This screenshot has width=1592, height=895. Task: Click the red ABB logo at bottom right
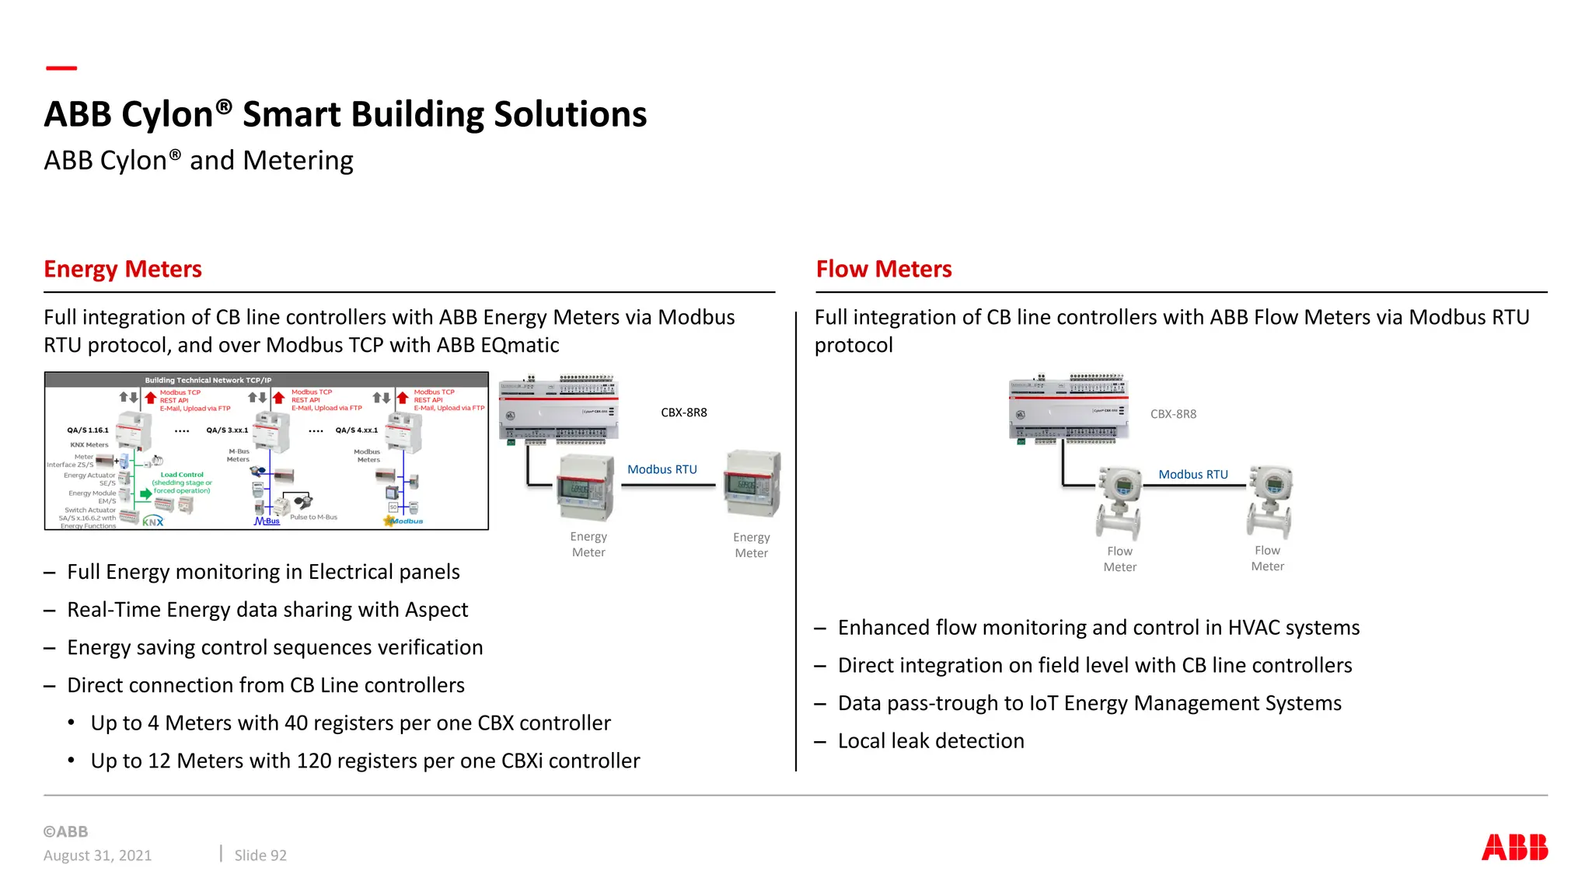click(1514, 847)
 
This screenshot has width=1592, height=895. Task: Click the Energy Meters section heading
click(123, 269)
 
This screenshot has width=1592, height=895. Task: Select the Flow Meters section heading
click(883, 269)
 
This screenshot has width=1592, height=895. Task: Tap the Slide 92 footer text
click(260, 855)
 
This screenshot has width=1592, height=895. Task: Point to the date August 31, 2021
click(98, 855)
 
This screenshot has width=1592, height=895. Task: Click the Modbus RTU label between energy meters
click(662, 469)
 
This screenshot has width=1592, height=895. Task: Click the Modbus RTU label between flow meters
click(1193, 474)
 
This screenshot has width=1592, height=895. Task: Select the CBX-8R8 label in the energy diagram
click(684, 413)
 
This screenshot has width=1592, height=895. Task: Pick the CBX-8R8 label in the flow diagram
click(1173, 414)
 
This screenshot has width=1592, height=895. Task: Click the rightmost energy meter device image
click(752, 485)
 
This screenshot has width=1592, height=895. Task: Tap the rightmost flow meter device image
click(1270, 500)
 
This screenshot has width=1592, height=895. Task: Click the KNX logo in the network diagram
click(153, 521)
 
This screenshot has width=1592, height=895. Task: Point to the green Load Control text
click(182, 475)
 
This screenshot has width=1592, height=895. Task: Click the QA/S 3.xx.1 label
click(227, 430)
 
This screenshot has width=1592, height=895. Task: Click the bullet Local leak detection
click(930, 740)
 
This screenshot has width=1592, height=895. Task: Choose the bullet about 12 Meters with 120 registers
click(365, 761)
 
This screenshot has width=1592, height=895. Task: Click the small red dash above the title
click(61, 68)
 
